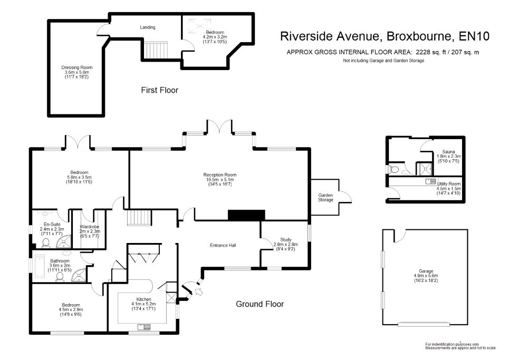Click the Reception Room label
[220, 175]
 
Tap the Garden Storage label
[325, 198]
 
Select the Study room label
[286, 240]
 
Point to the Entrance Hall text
[223, 245]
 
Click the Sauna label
[448, 151]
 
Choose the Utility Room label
[449, 183]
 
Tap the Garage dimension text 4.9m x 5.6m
[426, 276]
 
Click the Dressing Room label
[77, 67]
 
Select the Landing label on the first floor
[148, 27]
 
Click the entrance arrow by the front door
[199, 291]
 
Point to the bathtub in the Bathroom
[40, 266]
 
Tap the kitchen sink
[144, 327]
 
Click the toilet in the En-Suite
[46, 243]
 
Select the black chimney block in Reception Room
[246, 216]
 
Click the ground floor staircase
[139, 217]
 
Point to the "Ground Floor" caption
[260, 304]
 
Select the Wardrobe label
[90, 227]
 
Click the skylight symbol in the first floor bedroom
[200, 26]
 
